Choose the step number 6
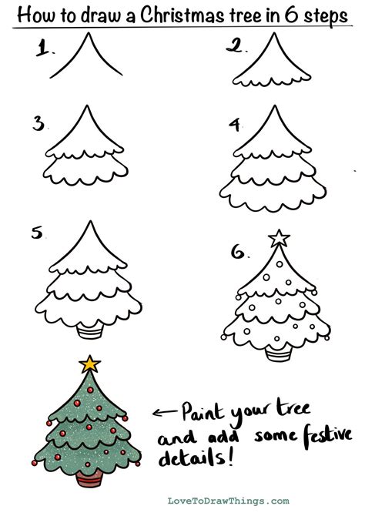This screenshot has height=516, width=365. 239,251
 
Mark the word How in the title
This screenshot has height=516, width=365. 31,15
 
